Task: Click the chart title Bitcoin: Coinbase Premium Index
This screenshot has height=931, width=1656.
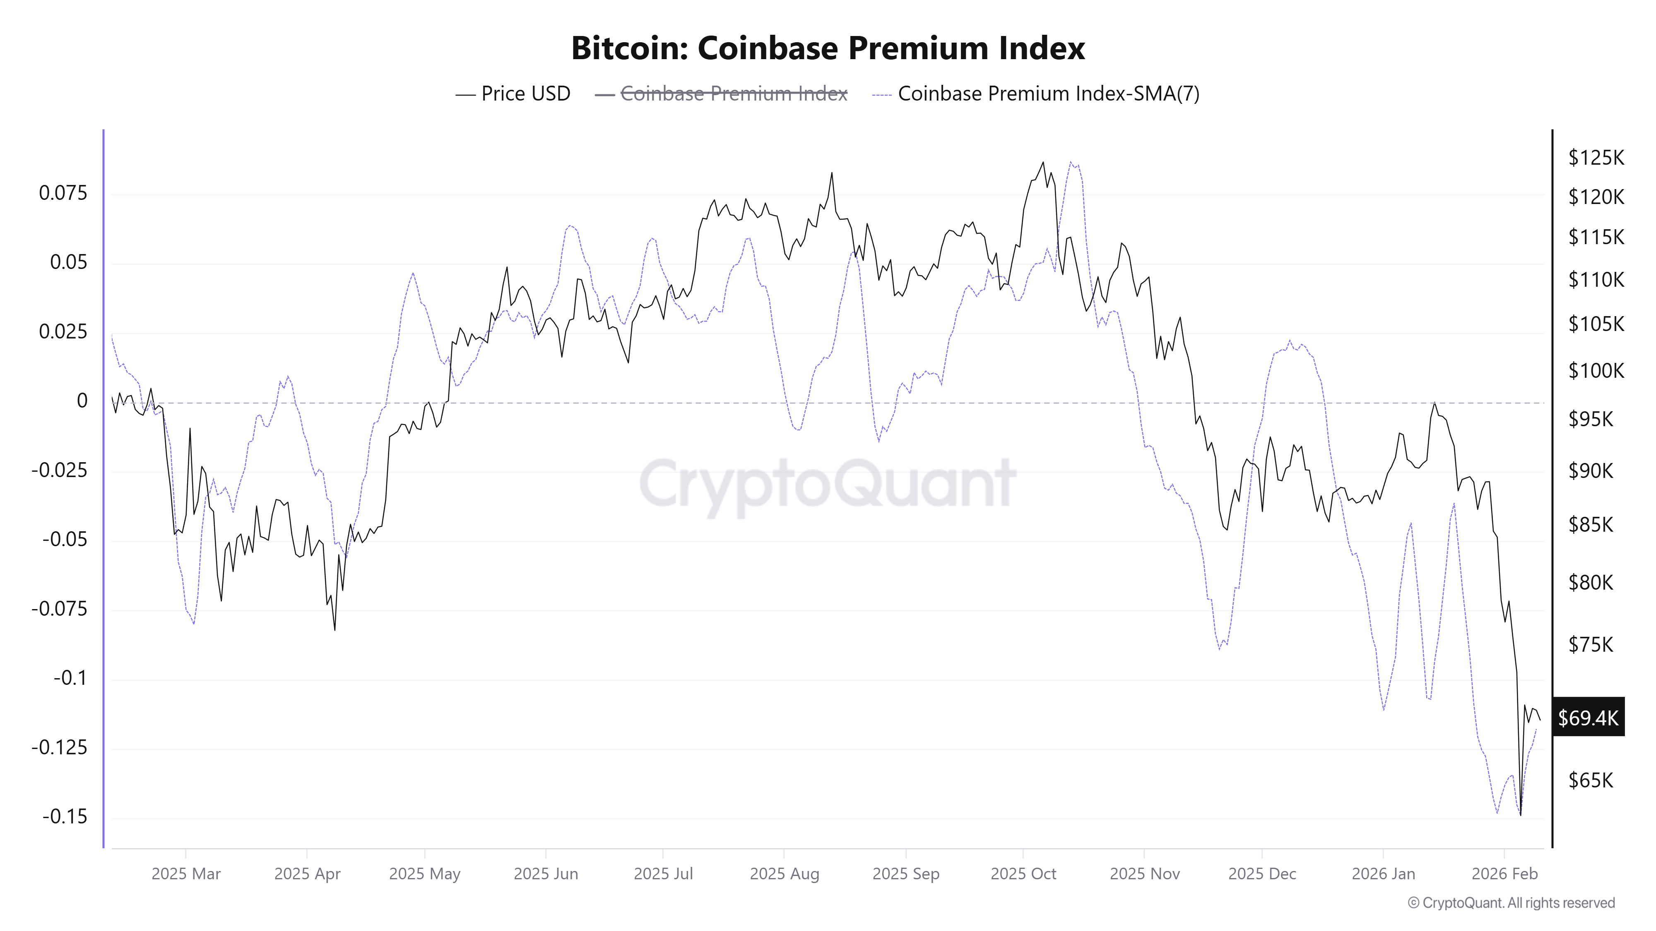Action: (x=828, y=48)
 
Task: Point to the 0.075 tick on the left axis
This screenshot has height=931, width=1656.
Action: (x=63, y=193)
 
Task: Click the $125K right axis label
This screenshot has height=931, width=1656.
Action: (x=1596, y=157)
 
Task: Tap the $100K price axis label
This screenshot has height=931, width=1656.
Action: (x=1596, y=371)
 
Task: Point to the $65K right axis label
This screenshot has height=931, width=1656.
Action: (x=1591, y=780)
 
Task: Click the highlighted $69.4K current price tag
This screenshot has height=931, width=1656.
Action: (x=1588, y=717)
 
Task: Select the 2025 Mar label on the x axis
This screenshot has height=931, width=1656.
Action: (x=186, y=874)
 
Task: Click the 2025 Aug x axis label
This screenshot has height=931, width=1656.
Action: (x=784, y=874)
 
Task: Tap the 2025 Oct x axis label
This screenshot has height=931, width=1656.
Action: (x=1023, y=874)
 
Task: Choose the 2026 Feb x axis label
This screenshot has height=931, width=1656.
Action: (x=1504, y=874)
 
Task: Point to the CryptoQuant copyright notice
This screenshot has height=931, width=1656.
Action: (x=1511, y=903)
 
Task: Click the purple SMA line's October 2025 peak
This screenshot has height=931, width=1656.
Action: (x=1070, y=162)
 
